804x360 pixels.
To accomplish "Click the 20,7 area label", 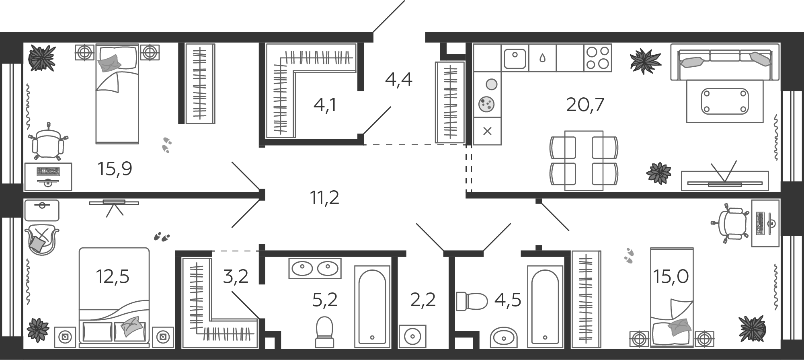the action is pos(585,105).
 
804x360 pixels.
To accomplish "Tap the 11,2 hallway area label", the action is pos(324,197).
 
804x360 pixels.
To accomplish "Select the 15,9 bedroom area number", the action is pos(115,169).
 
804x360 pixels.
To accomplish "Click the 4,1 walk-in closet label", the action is pos(325,105).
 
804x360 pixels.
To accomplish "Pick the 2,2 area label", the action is pos(423,300).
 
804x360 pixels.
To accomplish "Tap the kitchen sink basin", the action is pos(515,59).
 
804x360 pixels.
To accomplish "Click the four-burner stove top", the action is pos(597,58).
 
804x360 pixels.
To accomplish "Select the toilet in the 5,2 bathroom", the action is pos(324,332).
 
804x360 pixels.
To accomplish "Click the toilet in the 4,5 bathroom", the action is pos(471,301).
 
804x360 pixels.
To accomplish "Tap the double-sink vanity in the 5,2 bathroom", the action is pos(315,268).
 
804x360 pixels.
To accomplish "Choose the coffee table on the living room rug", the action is pos(725,101).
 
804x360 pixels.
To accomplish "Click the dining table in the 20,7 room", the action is pos(584,160).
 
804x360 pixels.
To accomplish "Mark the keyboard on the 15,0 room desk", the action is pos(759,223).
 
